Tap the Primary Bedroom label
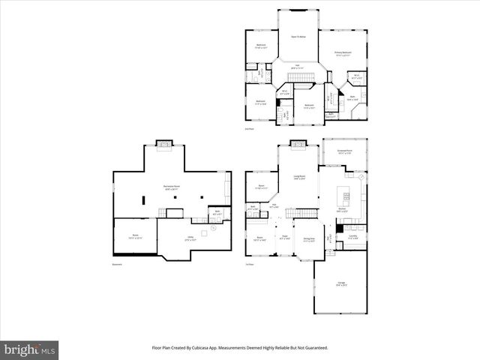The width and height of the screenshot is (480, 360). (343, 52)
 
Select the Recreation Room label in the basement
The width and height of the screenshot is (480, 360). (170, 187)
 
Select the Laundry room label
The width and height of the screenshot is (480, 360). (352, 236)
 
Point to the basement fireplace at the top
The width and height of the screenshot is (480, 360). (163, 143)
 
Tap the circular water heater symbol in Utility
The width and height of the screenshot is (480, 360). (213, 231)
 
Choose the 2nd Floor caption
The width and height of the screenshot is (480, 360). (250, 129)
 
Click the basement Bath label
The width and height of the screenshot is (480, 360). (217, 212)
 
